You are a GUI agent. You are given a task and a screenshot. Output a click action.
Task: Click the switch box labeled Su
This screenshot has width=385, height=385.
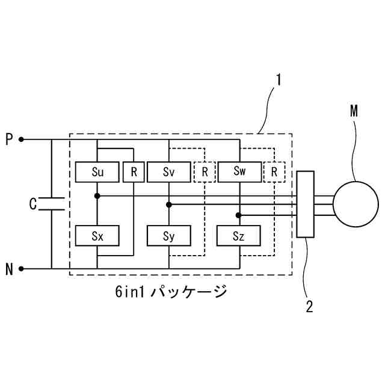point(97,172)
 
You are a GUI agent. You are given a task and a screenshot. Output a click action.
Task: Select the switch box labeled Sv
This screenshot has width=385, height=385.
point(168,172)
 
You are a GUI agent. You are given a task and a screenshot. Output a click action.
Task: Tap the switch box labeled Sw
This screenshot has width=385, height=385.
point(239,172)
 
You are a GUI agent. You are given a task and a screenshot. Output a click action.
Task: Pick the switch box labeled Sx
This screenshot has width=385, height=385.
point(97,236)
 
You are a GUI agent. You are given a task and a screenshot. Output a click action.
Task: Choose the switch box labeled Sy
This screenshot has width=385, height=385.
point(168,236)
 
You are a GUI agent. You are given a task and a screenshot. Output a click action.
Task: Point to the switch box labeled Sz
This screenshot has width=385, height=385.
point(239,236)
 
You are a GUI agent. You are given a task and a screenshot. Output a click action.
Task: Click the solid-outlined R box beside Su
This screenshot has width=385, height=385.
point(133,172)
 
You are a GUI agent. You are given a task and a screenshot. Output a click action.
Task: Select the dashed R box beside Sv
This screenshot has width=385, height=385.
point(205,172)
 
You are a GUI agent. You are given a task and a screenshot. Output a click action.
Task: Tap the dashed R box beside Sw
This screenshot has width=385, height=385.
point(274,172)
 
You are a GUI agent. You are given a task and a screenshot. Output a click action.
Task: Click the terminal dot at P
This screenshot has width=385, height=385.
point(22,140)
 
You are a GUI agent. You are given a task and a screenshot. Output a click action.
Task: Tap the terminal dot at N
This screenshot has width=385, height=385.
point(22,269)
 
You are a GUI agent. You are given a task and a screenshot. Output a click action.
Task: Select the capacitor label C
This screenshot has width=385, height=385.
point(33,204)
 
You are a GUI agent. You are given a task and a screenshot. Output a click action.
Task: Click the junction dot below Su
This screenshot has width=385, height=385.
point(97,196)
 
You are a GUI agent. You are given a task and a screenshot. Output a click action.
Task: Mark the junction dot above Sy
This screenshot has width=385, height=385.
point(169,205)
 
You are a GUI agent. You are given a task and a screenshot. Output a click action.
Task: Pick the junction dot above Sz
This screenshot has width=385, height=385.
point(239,215)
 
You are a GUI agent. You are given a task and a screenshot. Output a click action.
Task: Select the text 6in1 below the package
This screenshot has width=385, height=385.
point(130,293)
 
